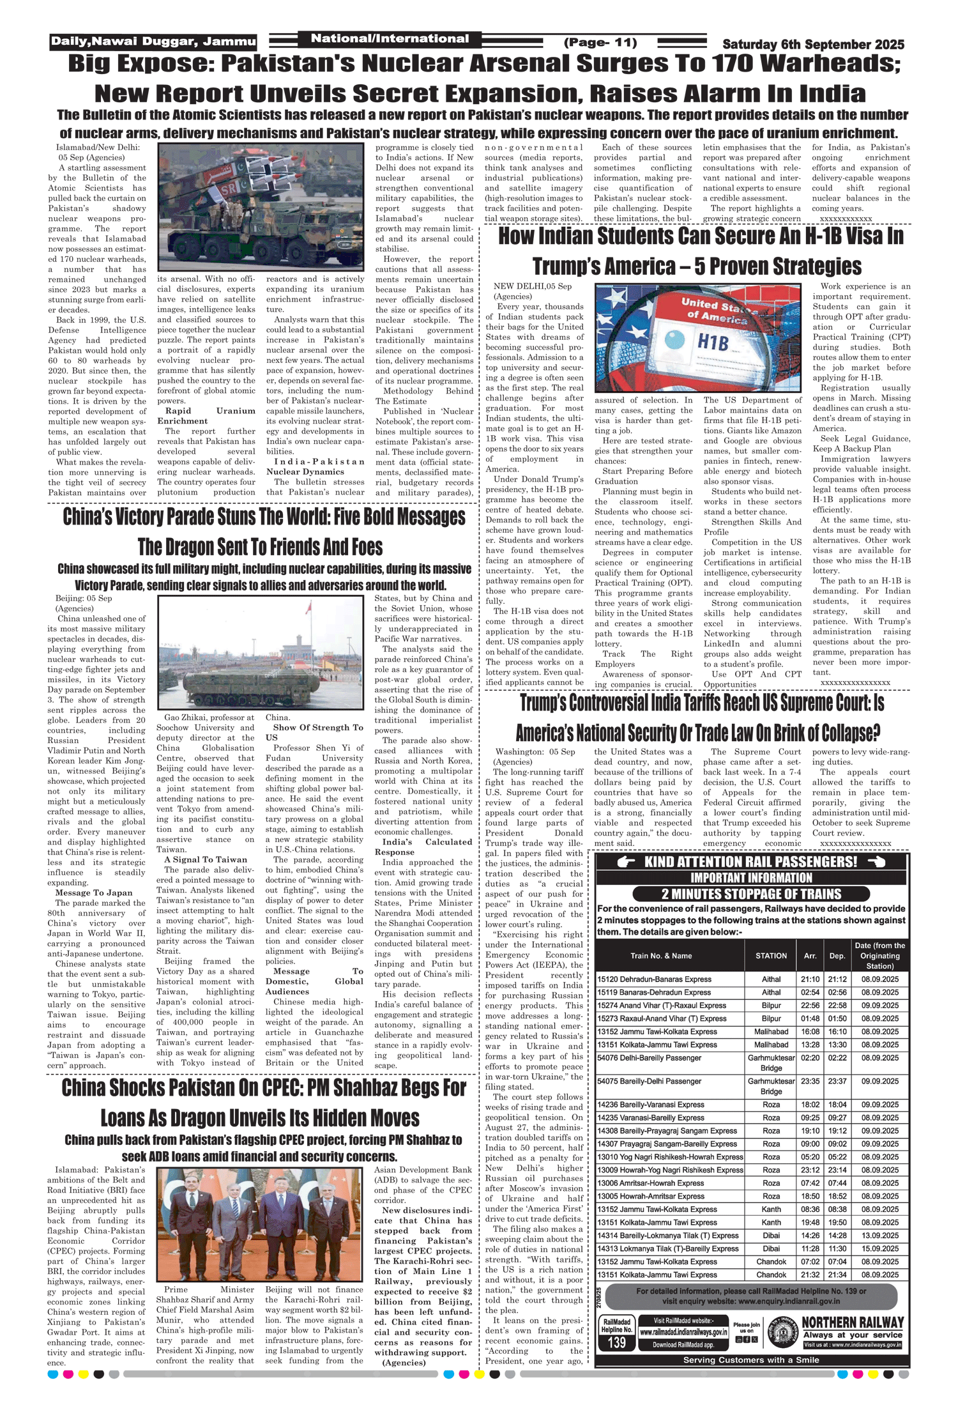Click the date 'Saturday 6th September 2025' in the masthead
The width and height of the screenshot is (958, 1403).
pyautogui.click(x=813, y=44)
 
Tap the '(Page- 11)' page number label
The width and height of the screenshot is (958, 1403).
pyautogui.click(x=600, y=43)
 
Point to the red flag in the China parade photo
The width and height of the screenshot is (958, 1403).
pyautogui.click(x=308, y=608)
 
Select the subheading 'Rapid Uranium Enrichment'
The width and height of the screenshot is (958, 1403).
pyautogui.click(x=206, y=416)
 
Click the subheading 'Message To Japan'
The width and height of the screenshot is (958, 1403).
pyautogui.click(x=94, y=893)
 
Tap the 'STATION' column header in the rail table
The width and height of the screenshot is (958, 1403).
pyautogui.click(x=771, y=956)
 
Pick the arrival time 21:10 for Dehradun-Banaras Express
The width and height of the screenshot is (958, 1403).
pyautogui.click(x=810, y=979)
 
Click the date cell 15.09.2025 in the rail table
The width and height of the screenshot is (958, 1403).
pyautogui.click(x=879, y=1248)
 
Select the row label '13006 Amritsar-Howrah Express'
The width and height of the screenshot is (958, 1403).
pyautogui.click(x=650, y=1183)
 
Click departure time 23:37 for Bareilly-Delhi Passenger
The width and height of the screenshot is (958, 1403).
pyautogui.click(x=837, y=1081)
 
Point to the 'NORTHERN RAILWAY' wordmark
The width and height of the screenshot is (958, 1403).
pyautogui.click(x=853, y=1322)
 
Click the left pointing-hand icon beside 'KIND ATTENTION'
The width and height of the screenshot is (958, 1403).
pyautogui.click(x=626, y=862)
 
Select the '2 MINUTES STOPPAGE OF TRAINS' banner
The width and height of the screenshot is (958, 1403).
pyautogui.click(x=751, y=894)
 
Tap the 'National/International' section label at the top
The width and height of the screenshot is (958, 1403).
pyautogui.click(x=390, y=39)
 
